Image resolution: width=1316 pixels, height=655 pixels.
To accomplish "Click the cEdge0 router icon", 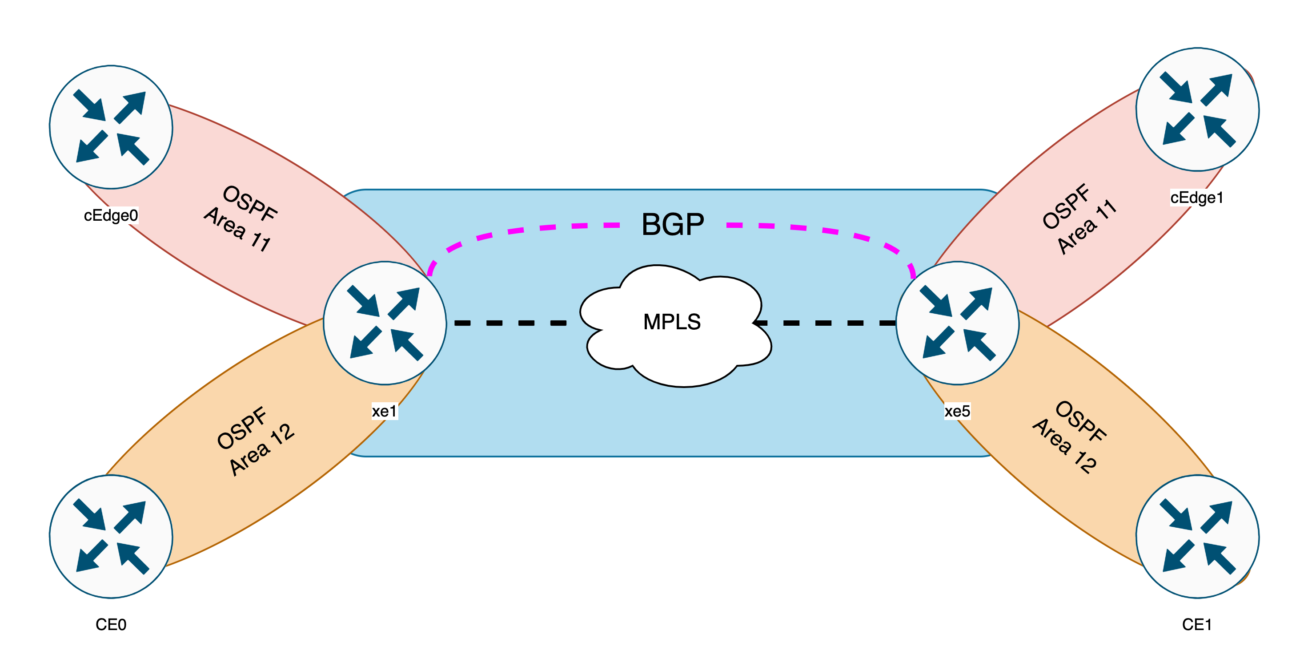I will pos(111,127).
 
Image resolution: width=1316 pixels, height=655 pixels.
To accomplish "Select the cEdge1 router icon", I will pos(1197,109).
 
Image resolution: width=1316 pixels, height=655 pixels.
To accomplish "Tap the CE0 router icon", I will pos(111,536).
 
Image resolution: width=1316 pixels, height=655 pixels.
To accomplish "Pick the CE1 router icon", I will pos(1197,536).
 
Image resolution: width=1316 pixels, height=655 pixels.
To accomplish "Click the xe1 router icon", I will pos(385,323).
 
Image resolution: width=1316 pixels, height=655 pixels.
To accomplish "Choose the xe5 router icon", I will pos(957,323).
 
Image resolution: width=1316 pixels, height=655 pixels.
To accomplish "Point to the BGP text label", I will pos(672,224).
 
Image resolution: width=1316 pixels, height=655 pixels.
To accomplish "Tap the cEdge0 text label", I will pos(111,215).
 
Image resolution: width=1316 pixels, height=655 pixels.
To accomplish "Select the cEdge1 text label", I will pos(1197,198).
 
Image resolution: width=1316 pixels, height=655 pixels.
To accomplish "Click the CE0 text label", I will pos(111,624).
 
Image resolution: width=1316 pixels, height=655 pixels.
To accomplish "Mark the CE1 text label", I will pos(1197,624).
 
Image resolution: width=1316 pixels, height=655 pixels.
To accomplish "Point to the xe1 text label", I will pos(384,411).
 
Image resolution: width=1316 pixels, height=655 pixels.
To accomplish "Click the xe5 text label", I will pos(957,411).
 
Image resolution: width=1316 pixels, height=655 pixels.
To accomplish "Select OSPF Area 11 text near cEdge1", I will pos(1078,219).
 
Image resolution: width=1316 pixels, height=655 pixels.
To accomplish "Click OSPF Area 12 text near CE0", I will pos(254,441).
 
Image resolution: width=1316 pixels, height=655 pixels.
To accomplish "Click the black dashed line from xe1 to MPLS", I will pos(511,323).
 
